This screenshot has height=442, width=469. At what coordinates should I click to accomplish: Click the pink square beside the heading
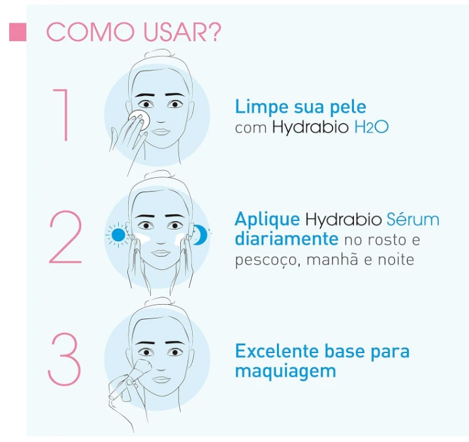tap(18, 32)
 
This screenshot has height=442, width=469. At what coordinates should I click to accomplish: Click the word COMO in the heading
tap(90, 32)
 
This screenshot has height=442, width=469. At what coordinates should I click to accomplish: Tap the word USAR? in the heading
tap(182, 32)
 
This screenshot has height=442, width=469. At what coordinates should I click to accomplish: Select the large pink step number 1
tap(63, 114)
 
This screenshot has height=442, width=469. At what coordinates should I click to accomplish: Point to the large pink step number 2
tap(65, 237)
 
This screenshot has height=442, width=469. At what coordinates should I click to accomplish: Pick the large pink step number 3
tap(64, 359)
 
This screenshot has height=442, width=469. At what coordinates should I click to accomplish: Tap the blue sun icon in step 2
tap(118, 235)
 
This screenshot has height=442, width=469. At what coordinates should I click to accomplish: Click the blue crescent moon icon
tap(201, 235)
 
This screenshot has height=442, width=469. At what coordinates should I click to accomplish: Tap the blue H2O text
tap(371, 127)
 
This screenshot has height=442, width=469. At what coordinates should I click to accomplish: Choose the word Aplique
tap(267, 220)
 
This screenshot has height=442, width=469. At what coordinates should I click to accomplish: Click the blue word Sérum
tap(413, 219)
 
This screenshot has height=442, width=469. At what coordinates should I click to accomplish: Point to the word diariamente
tap(287, 239)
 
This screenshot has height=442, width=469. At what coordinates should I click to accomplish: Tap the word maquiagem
tap(285, 371)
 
